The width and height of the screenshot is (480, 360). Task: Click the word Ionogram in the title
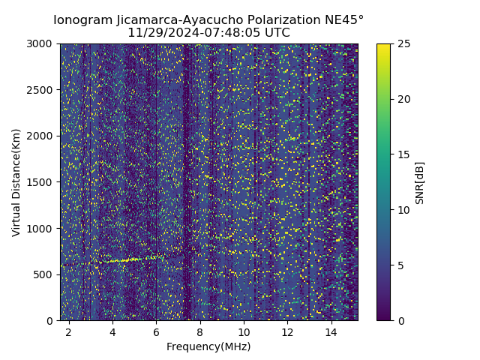coord(82,20)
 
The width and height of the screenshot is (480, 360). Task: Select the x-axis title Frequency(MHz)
coord(208,346)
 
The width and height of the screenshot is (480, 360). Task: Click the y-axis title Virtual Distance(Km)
coord(16,182)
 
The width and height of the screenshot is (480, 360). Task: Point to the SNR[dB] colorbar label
coord(420,182)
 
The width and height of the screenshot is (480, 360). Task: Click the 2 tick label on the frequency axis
coord(69,331)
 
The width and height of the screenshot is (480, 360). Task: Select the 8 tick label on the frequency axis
coord(200,331)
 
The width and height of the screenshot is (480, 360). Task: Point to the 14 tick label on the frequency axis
coord(331,331)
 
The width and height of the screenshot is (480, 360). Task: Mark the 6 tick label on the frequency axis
coord(156,331)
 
